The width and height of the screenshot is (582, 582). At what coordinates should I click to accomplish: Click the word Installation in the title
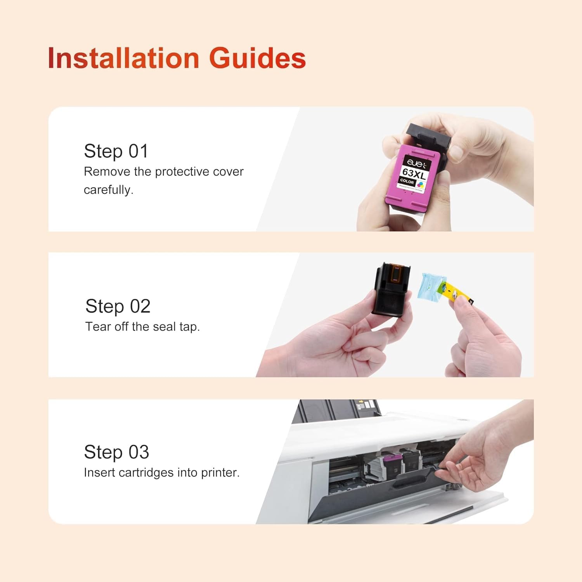(x=123, y=58)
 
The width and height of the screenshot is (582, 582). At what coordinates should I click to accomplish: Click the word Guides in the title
(x=258, y=58)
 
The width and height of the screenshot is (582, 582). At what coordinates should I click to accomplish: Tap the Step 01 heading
(x=116, y=151)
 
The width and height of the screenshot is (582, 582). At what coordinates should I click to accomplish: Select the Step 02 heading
(x=118, y=306)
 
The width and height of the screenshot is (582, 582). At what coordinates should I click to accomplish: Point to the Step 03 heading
(x=116, y=452)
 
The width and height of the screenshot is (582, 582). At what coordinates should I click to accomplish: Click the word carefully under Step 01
(x=108, y=190)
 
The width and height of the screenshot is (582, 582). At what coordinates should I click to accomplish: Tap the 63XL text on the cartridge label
(x=414, y=173)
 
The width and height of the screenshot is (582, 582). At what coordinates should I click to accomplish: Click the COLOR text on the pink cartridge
(x=407, y=181)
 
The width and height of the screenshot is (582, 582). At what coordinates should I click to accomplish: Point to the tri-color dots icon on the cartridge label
(x=421, y=184)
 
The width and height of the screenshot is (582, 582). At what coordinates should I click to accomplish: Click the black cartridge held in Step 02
(x=391, y=289)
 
